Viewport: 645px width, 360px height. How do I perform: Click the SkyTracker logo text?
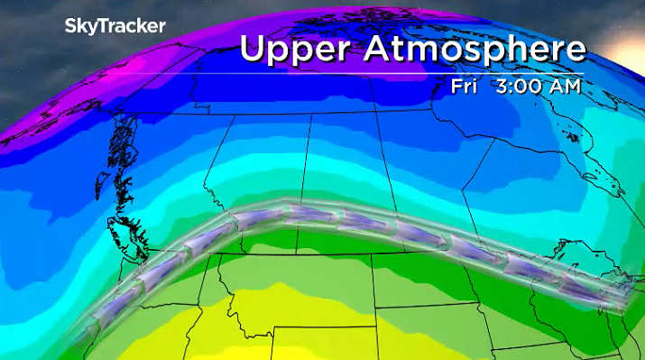(x=115, y=26)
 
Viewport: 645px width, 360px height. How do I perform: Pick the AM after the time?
(x=564, y=87)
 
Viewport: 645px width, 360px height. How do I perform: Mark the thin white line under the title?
(x=410, y=73)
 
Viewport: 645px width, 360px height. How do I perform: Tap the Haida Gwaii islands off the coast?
(x=115, y=144)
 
